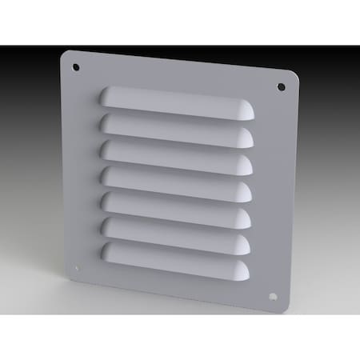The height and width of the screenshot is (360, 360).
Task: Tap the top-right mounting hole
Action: click(281, 86)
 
